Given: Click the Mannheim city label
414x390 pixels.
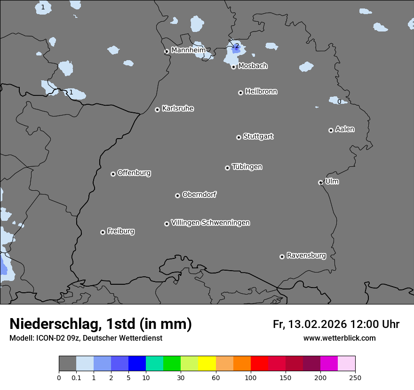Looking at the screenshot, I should pos(188,50).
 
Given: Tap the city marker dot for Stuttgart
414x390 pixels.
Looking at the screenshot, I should pos(239,137).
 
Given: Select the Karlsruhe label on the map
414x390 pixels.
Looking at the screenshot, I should pos(178,109).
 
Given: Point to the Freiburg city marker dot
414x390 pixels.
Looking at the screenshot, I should pos(103,232).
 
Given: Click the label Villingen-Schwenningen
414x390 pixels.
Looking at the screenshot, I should pos(210,223).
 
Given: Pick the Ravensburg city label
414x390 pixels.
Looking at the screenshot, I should pos(306,256).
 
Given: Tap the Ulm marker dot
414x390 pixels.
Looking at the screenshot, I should pos(320,182).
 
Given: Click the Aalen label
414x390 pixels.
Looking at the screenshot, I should pos(345,129).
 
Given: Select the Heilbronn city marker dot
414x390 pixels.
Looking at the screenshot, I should pos(240,93).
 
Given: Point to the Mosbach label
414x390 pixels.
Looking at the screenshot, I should pos(253,66).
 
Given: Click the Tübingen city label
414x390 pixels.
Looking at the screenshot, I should pos(247,167).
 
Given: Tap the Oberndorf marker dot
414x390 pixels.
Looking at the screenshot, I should pos(177,195).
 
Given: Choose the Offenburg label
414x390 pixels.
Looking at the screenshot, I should pos(134,173).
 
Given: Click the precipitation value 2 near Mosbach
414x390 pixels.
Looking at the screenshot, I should pos(237,46).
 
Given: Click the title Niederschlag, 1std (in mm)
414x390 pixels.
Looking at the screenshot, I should pos(101,324).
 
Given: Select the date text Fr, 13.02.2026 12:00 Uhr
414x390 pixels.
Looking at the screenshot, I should pos(336,324).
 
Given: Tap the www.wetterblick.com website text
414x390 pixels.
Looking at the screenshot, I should pos(339,338).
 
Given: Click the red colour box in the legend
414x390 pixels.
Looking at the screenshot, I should pos(259,364).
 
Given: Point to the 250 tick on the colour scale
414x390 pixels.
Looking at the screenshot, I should pos(355,377).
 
